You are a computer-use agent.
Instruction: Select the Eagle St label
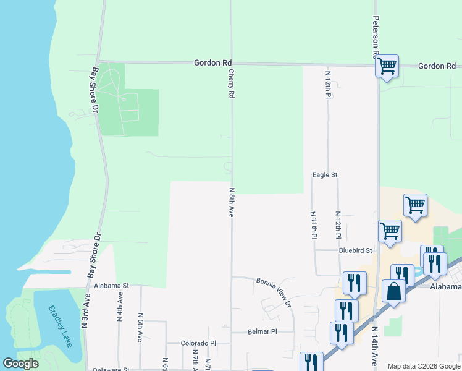pyautogui.click(x=325, y=175)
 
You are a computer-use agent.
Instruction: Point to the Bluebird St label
pyautogui.click(x=356, y=250)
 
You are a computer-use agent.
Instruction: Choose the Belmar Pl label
pyautogui.click(x=262, y=331)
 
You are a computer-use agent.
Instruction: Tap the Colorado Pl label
pyautogui.click(x=198, y=343)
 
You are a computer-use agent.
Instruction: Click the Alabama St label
pyautogui.click(x=112, y=286)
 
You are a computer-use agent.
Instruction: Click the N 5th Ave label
pyautogui.click(x=141, y=328)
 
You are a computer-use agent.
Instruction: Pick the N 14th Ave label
pyautogui.click(x=374, y=346)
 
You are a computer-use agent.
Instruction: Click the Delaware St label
pyautogui.click(x=111, y=369)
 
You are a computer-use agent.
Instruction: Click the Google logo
pyautogui.click(x=20, y=364)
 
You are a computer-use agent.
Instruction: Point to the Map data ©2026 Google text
pyautogui.click(x=423, y=366)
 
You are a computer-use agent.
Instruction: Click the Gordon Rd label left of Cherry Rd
pyautogui.click(x=212, y=62)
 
